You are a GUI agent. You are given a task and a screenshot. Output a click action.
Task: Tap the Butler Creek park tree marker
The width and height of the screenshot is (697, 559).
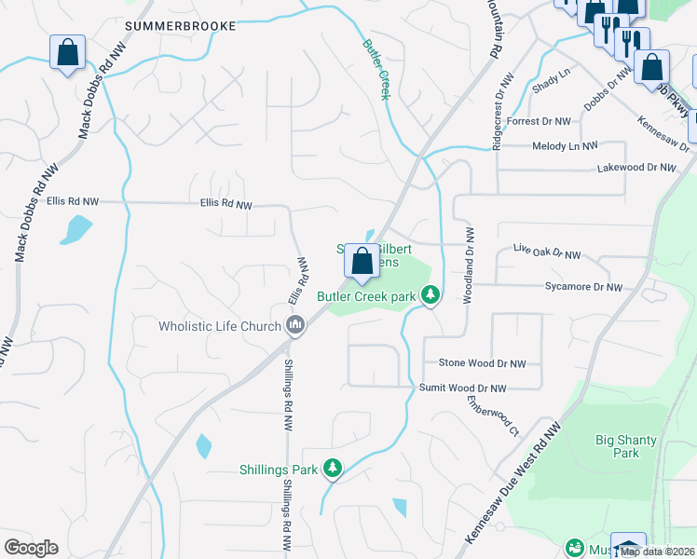point(430,296)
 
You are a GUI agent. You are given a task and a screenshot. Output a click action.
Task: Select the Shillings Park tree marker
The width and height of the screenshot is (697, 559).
point(332,469)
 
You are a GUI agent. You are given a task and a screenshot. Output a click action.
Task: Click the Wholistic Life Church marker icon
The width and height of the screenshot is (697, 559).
point(295,325)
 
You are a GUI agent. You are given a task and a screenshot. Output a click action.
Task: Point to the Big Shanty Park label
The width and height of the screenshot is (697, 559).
point(626,446)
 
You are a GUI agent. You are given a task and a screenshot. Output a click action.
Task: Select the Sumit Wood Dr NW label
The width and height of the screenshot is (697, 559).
point(462,388)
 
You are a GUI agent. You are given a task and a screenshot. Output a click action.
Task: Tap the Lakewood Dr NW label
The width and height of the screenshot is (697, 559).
point(635,168)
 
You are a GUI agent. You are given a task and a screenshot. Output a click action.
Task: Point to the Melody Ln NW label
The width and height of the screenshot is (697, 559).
point(565,146)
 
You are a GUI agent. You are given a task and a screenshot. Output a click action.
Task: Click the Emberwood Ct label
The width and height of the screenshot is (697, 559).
point(493,416)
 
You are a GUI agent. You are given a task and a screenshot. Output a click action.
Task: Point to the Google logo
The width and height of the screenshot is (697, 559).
point(31,547)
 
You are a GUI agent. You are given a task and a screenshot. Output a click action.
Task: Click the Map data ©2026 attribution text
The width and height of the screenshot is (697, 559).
point(658,552)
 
